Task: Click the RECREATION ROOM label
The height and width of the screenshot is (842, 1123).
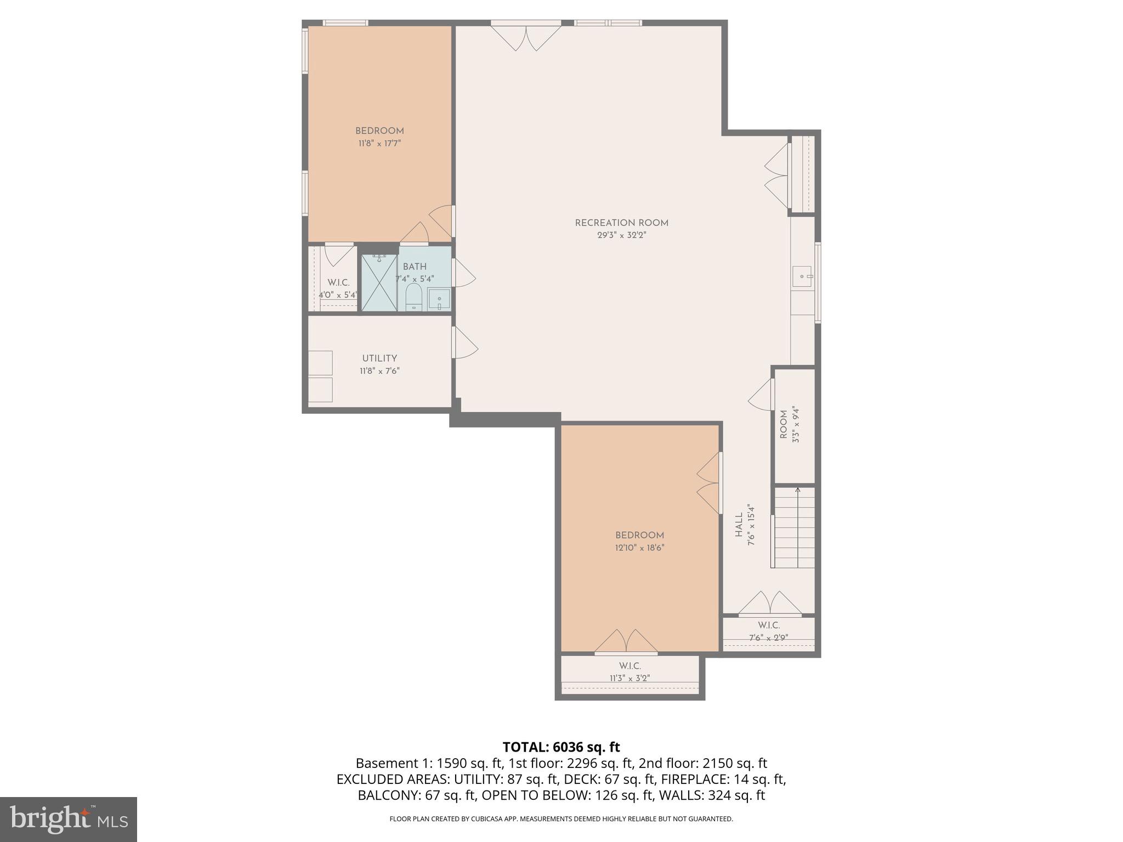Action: coord(621,223)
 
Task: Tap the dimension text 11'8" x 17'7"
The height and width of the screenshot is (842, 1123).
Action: coord(379,144)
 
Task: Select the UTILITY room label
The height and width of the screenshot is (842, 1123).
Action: coord(379,359)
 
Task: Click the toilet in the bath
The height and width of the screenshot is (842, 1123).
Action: coord(413,298)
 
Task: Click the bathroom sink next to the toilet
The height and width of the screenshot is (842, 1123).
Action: coord(439,300)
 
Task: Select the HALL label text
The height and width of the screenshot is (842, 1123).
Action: coord(739,525)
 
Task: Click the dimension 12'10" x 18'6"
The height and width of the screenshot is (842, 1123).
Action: coord(639,548)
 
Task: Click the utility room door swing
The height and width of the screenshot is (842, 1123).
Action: coord(464,344)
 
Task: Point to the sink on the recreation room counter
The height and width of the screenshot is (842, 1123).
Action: coord(802,273)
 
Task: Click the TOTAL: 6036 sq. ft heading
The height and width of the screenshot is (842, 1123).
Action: coord(561,747)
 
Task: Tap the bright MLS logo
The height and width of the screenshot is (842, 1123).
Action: coord(68,819)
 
